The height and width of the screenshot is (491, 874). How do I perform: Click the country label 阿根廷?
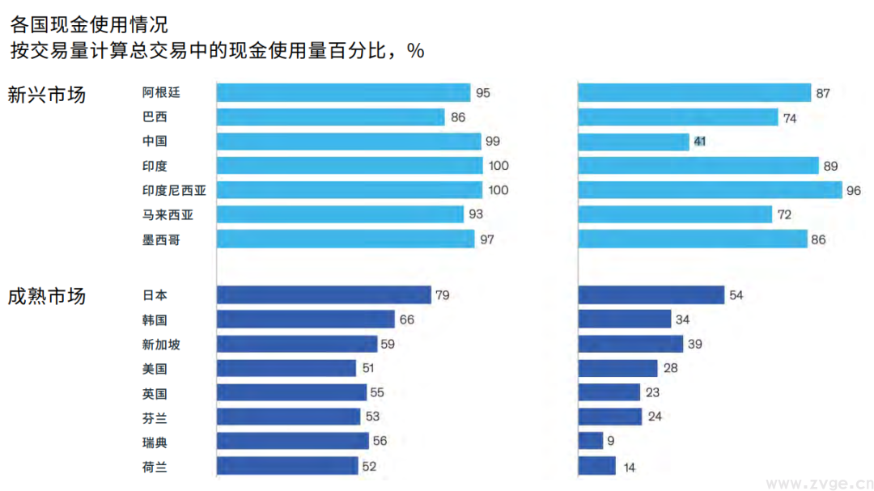click(161, 92)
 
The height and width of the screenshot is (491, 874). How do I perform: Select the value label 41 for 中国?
click(700, 142)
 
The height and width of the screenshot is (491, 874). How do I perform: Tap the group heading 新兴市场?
click(46, 94)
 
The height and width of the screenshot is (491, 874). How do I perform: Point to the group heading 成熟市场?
click(46, 296)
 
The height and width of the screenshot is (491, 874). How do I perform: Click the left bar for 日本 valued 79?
click(324, 295)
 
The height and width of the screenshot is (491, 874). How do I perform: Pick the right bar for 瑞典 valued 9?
click(591, 441)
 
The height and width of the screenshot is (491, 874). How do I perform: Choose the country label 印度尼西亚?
click(174, 190)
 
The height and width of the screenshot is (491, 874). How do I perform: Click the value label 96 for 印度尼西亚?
click(854, 191)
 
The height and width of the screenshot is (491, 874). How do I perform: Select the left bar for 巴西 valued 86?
click(330, 117)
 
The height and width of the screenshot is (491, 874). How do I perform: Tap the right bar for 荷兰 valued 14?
click(596, 466)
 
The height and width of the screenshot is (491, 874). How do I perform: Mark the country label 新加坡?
click(161, 345)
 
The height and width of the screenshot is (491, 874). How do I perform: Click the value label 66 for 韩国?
click(406, 320)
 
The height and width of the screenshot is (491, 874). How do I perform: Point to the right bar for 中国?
click(634, 142)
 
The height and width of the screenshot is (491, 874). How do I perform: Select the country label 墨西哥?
click(161, 239)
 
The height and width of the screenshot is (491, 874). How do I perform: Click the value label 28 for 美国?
click(670, 369)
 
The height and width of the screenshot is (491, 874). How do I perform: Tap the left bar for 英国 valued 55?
click(291, 393)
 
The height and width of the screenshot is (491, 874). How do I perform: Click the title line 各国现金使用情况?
click(89, 24)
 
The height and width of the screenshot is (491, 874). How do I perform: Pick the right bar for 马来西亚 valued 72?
click(675, 214)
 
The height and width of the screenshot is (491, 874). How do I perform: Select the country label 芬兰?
click(155, 417)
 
